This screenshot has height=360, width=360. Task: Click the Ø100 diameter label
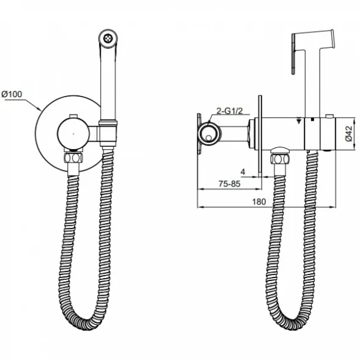pos(12,94)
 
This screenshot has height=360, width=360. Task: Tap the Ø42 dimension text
pos(348,133)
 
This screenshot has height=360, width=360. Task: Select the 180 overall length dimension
pos(259,202)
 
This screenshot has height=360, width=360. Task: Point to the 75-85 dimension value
pos(229,184)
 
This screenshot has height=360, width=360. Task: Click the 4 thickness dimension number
pos(243,172)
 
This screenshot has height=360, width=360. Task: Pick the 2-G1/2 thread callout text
pos(230,111)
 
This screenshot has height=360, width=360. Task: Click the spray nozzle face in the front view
pos(108,38)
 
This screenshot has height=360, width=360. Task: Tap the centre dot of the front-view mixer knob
pos(73,133)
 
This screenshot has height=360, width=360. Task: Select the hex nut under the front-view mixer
pos(73,158)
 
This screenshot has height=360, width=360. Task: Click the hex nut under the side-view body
pos(278,159)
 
